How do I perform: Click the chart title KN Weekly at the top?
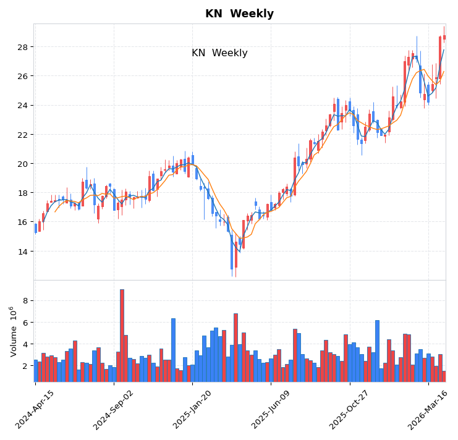click(239, 14)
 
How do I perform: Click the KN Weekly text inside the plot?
click(219, 53)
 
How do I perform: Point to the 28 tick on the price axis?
click(22, 47)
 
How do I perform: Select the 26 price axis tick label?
click(22, 76)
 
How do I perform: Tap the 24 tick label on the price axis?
click(22, 105)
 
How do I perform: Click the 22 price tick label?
click(22, 135)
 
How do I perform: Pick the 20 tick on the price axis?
click(22, 164)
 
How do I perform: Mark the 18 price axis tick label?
click(22, 193)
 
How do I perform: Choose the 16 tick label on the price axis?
click(22, 222)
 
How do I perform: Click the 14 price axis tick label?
click(22, 252)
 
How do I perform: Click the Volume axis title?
click(13, 331)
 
